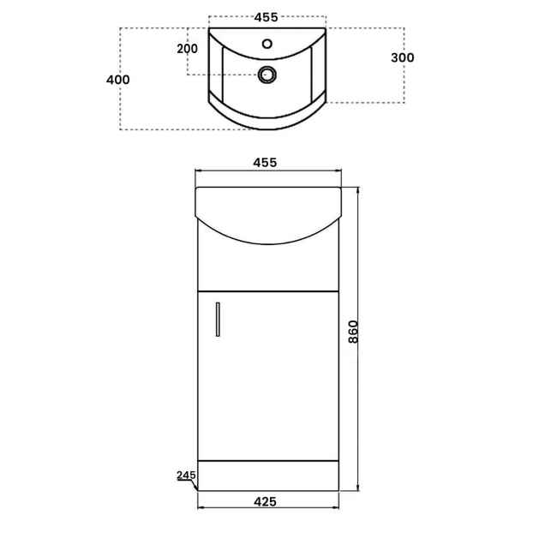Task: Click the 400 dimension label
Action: click(118, 80)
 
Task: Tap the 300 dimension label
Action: click(402, 57)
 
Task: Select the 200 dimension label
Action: click(187, 49)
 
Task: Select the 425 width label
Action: click(266, 502)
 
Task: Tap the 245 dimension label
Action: click(187, 475)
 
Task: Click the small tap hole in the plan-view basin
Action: click(267, 42)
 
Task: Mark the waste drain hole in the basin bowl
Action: click(267, 75)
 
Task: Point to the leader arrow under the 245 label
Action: click(192, 486)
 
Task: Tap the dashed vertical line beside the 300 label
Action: click(403, 86)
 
